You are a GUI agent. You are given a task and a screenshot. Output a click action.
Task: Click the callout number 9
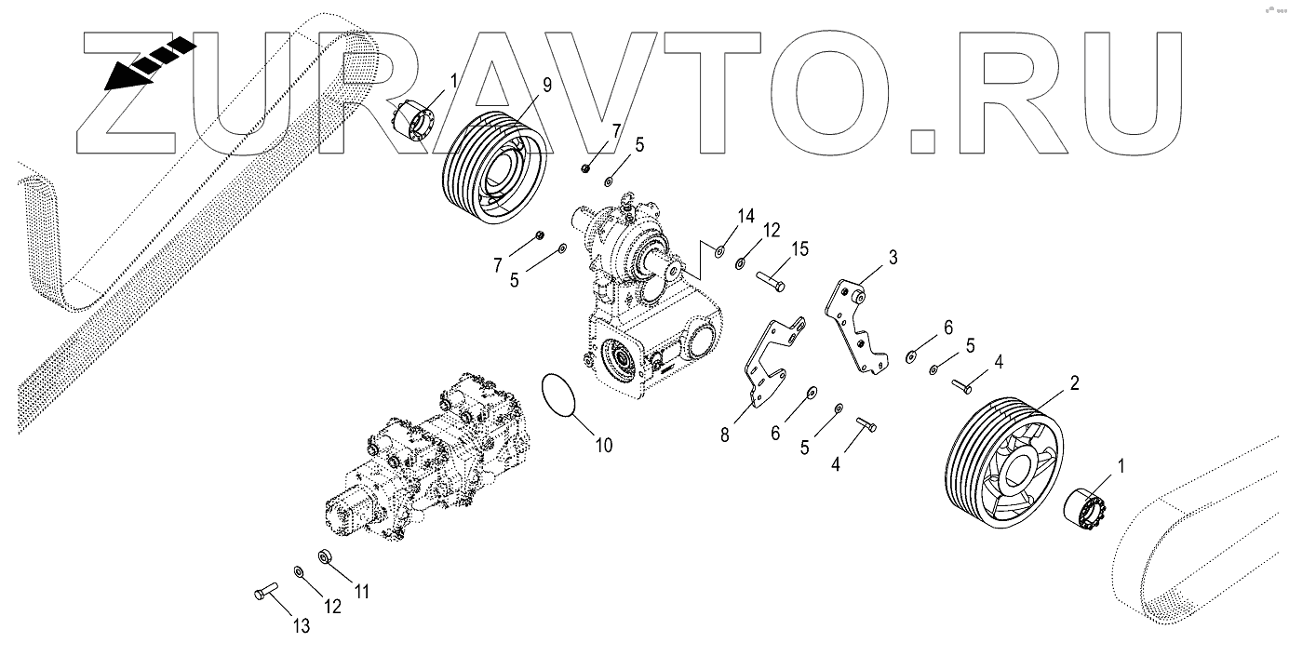click(546, 85)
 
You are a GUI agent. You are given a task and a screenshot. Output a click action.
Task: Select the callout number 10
click(603, 445)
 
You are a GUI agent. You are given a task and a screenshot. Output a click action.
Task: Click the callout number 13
click(301, 627)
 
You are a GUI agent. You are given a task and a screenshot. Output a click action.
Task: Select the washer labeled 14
click(720, 250)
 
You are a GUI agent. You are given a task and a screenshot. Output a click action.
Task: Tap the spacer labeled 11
click(326, 557)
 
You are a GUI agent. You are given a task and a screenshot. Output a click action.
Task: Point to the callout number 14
click(745, 216)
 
